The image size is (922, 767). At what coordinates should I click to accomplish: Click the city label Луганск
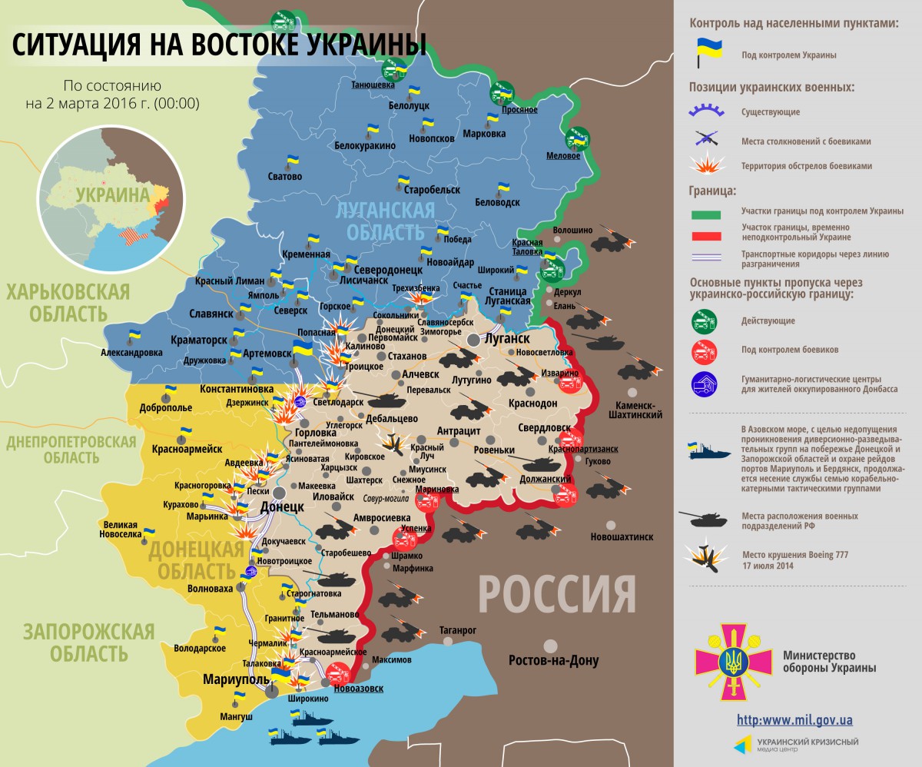pyautogui.click(x=506, y=338)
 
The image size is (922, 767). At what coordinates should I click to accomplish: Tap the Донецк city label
pyautogui.click(x=277, y=508)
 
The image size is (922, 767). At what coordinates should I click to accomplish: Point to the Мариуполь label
pyautogui.click(x=236, y=679)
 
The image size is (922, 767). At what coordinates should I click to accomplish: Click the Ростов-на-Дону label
pyautogui.click(x=553, y=661)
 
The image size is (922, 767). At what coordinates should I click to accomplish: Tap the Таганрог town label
pyautogui.click(x=458, y=630)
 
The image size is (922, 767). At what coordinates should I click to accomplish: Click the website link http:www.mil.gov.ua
pyautogui.click(x=794, y=720)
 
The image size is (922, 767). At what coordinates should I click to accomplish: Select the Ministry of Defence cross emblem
pyautogui.click(x=733, y=660)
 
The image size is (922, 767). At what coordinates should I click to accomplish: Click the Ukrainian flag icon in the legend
pyautogui.click(x=708, y=54)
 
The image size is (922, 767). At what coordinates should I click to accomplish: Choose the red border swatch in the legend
pyautogui.click(x=707, y=236)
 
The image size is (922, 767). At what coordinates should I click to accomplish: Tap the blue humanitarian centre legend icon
pyautogui.click(x=705, y=383)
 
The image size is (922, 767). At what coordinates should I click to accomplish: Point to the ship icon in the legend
pyautogui.click(x=709, y=450)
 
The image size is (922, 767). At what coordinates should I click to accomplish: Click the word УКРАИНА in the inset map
pyautogui.click(x=112, y=194)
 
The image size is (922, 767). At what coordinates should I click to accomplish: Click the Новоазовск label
pyautogui.click(x=359, y=688)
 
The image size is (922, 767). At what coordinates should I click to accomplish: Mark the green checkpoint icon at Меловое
pyautogui.click(x=577, y=140)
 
